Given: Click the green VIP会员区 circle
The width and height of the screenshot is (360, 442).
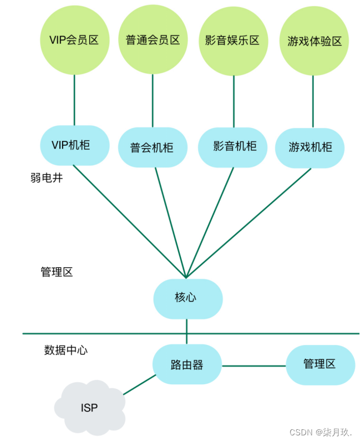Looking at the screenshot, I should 74,40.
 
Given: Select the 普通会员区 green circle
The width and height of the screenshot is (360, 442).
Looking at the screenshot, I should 153,40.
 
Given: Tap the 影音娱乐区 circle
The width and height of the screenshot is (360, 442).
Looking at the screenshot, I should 233,40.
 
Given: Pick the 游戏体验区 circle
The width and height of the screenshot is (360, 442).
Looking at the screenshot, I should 314,41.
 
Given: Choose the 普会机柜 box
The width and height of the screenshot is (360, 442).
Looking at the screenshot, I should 152,148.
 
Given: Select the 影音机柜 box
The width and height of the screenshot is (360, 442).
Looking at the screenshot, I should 233,146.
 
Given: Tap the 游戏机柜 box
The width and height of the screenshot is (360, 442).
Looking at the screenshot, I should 310,147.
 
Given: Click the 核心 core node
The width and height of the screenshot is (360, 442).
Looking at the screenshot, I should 187,298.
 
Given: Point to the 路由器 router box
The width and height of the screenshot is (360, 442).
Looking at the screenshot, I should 187,364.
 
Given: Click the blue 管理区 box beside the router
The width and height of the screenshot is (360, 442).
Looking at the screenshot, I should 320,364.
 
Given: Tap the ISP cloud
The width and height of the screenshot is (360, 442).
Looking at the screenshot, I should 90,408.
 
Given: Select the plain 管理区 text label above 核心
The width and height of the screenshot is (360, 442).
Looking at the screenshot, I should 57,272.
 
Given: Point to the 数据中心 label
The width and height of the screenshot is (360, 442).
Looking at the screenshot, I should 66,350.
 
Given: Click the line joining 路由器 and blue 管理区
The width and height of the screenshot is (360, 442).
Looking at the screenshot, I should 253,365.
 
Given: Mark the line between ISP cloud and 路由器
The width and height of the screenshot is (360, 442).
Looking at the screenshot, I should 139,385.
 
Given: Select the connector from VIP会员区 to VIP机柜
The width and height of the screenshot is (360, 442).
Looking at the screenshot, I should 74,100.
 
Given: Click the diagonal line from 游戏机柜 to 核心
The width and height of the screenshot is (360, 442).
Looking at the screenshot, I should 250,222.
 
